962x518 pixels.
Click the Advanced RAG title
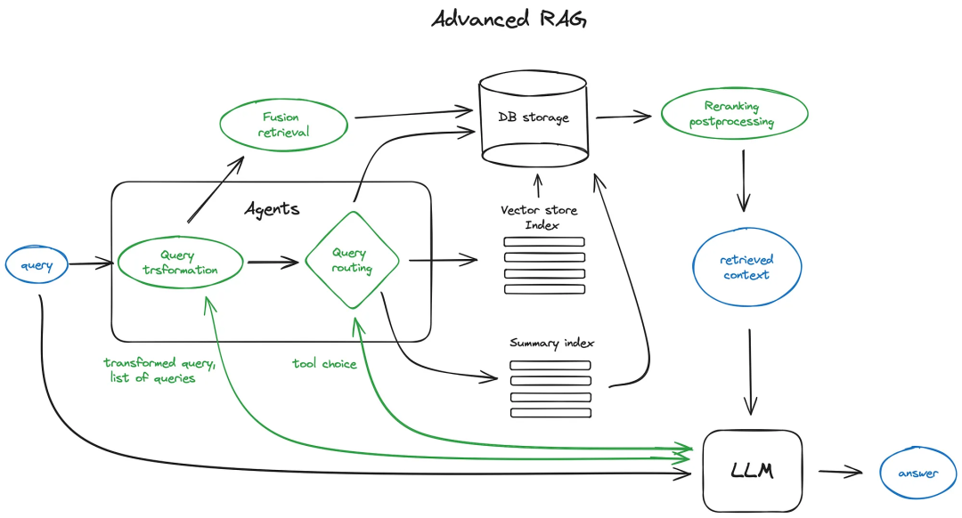[509, 19]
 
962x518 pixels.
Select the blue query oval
[37, 264]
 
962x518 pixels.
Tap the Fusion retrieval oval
[281, 125]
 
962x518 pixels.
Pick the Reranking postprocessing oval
[734, 115]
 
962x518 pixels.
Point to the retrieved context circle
[746, 267]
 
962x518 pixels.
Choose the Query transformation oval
[180, 263]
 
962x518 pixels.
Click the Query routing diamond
[351, 261]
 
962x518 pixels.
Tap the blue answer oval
[917, 473]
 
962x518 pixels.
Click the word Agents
[272, 209]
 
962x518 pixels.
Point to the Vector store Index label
[540, 216]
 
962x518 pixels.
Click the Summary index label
[551, 343]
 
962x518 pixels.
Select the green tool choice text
[324, 363]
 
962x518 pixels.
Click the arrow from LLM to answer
[841, 472]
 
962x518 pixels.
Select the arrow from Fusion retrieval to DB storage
[413, 113]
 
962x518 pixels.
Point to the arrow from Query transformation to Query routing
[273, 263]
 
